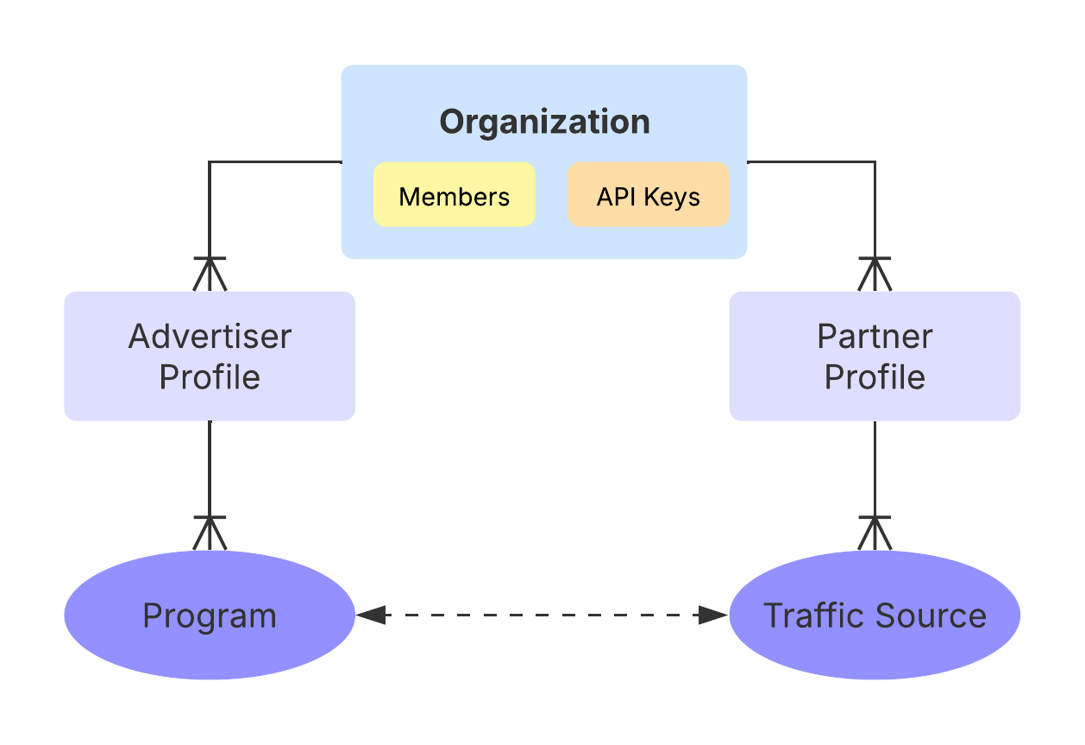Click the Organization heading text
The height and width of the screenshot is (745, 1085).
click(544, 122)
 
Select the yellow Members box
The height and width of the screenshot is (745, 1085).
click(454, 195)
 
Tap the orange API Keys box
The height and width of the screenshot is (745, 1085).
click(648, 195)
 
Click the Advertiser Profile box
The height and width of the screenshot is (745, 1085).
click(210, 356)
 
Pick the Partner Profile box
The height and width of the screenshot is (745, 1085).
click(875, 356)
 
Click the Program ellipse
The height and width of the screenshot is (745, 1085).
click(210, 616)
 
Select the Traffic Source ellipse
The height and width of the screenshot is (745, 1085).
click(875, 616)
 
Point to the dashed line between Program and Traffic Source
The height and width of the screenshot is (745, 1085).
click(542, 615)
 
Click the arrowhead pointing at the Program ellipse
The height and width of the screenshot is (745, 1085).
click(369, 615)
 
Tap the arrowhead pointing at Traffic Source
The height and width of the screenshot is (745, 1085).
click(715, 615)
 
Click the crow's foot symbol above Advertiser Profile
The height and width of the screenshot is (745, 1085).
click(210, 274)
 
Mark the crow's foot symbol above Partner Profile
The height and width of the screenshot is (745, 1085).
click(875, 274)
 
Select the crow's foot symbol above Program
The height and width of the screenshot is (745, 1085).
click(210, 533)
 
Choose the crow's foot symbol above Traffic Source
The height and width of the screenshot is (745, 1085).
click(875, 533)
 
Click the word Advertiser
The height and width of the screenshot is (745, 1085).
click(210, 336)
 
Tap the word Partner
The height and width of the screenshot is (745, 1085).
click(875, 336)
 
